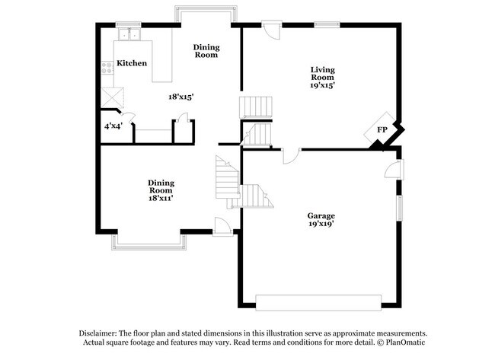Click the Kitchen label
point(132,63)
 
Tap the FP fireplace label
point(382,129)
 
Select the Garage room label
point(321,215)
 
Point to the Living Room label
point(322,74)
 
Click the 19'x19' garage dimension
point(321,225)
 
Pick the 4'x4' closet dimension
point(113,125)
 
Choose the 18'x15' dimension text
point(180,97)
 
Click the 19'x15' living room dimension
point(322,85)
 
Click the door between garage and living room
point(291,155)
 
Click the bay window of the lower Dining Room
point(149,241)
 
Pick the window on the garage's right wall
point(399,208)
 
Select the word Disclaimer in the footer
point(99,333)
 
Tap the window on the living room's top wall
point(327,25)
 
